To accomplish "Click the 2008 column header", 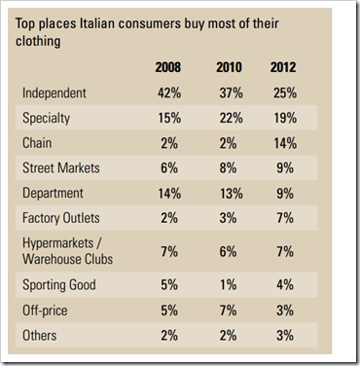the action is [x=168, y=67].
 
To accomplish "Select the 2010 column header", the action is [x=229, y=67].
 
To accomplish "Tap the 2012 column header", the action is [x=283, y=67].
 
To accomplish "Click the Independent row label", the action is [x=54, y=93].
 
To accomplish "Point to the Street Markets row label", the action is [x=61, y=168].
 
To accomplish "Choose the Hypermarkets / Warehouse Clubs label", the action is [x=67, y=251].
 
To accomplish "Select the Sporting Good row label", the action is [x=59, y=285].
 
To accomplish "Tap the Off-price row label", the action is [x=45, y=311].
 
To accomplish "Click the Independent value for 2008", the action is [x=169, y=93].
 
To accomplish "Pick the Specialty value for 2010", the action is [x=231, y=118].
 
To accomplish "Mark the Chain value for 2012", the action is [x=285, y=143].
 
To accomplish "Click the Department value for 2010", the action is [x=231, y=194].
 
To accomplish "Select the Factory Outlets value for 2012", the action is [x=285, y=218].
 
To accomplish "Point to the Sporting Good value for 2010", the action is [x=228, y=285].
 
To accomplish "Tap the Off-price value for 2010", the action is [x=228, y=311].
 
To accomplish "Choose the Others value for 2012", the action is [x=285, y=335].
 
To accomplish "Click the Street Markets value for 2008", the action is [x=169, y=168].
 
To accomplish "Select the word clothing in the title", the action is [x=38, y=42].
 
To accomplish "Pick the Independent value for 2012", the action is [x=285, y=93].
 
